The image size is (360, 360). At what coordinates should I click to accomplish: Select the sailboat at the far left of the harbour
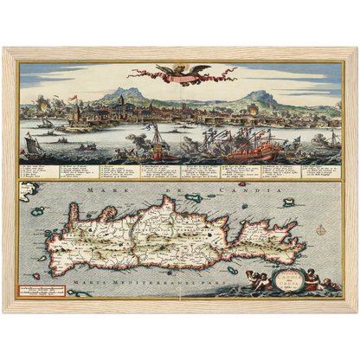click(32, 141)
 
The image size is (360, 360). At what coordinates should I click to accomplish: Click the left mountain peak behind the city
click(125, 93)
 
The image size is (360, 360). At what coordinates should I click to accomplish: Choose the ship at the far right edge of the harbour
click(331, 138)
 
